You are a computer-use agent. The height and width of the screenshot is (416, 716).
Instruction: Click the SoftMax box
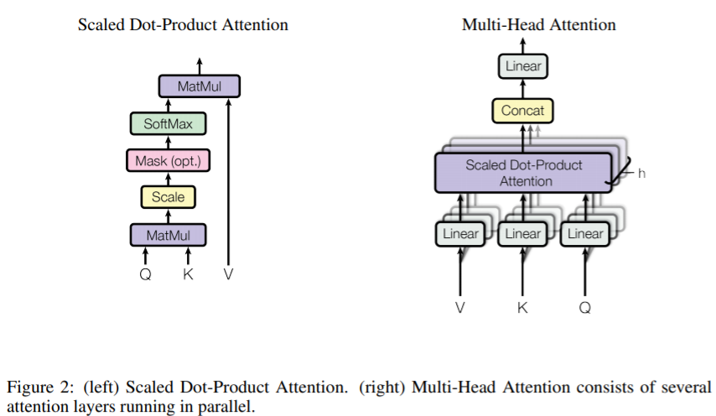168,123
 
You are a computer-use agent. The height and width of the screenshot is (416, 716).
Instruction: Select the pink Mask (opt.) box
168,160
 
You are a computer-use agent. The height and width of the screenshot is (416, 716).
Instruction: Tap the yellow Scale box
168,197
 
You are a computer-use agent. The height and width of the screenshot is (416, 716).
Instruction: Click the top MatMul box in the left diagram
199,86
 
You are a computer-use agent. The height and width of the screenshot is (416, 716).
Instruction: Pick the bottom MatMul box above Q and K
168,235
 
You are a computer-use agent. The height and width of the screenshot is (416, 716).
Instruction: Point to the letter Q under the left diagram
145,274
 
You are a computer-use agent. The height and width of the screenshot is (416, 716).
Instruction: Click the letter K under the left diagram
188,274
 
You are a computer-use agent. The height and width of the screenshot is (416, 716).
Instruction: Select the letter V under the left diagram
228,274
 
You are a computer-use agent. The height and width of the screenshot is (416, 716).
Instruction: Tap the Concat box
522,111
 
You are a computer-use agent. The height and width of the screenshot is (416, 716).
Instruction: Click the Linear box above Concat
523,66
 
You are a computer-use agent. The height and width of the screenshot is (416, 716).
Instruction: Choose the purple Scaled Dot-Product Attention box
523,173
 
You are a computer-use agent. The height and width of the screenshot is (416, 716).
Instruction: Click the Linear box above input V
460,234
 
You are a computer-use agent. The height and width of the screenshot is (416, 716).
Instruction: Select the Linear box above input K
522,234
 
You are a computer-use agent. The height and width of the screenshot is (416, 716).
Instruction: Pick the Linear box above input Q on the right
585,234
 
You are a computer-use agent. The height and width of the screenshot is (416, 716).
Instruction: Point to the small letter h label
641,174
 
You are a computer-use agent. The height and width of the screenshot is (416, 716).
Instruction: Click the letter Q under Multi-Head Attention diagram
585,308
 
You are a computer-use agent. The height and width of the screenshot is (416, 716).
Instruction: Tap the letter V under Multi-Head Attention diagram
459,308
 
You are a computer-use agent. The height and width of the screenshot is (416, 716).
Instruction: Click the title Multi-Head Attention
539,24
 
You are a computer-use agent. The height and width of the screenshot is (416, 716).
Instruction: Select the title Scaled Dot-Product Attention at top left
183,24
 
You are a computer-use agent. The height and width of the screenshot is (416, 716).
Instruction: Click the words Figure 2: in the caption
40,387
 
